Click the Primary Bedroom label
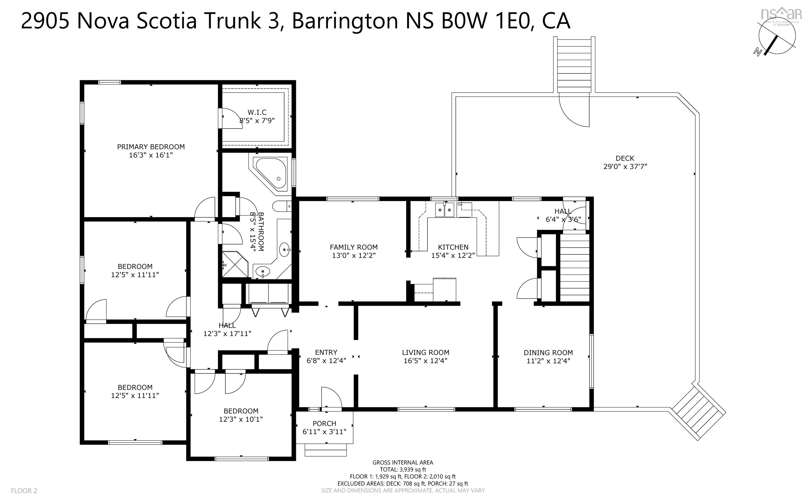(151, 147)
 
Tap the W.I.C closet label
(257, 113)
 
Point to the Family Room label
(354, 247)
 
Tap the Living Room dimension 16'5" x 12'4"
(426, 361)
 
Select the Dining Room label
(548, 353)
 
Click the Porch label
(325, 424)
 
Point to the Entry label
(326, 352)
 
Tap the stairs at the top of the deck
(574, 65)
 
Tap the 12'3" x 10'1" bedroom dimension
(241, 419)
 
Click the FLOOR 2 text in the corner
(24, 491)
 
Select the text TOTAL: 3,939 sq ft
(403, 469)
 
